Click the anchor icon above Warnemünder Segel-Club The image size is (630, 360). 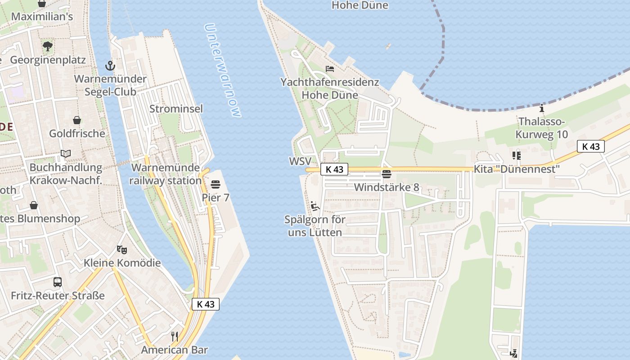pyautogui.click(x=110, y=66)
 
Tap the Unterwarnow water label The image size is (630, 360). pyautogui.click(x=223, y=70)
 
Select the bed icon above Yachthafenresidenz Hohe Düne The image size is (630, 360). pyautogui.click(x=330, y=69)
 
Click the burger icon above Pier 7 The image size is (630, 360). pyautogui.click(x=215, y=184)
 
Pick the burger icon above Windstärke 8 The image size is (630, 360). pyautogui.click(x=386, y=174)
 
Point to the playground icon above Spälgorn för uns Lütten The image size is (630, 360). pyautogui.click(x=315, y=206)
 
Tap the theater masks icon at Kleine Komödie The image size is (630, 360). pyautogui.click(x=121, y=249)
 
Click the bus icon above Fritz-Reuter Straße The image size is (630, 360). pyautogui.click(x=58, y=282)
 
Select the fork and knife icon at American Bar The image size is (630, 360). pyautogui.click(x=175, y=336)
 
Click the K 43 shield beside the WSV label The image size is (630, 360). pyautogui.click(x=335, y=169)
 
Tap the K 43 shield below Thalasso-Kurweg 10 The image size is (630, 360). pyautogui.click(x=590, y=146)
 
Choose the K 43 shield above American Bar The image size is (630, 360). pyautogui.click(x=206, y=304)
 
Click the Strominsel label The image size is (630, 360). pyautogui.click(x=176, y=109)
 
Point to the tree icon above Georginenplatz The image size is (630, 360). pyautogui.click(x=48, y=46)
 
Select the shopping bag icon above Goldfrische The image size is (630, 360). pyautogui.click(x=77, y=120)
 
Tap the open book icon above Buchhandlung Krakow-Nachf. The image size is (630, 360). pyautogui.click(x=66, y=154)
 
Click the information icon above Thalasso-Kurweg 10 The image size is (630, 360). pyautogui.click(x=542, y=108)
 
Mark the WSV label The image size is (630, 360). pyautogui.click(x=300, y=161)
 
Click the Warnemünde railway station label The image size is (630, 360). pyautogui.click(x=166, y=174)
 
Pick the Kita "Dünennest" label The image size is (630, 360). pyautogui.click(x=516, y=169)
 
